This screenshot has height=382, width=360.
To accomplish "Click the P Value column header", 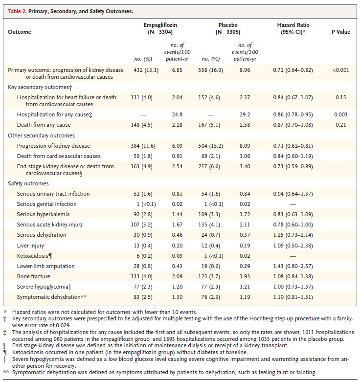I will coord(340,32).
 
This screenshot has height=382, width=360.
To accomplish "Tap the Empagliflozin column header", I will coord(157,28).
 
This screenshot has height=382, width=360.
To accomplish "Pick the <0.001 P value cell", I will coord(340,70).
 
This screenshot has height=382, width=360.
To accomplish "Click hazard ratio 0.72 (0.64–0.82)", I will coord(293,70).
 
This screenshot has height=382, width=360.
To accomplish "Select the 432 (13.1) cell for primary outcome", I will coord(146,70).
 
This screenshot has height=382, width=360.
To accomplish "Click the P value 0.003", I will coord(340,114).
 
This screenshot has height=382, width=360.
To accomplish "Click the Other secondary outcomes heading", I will coord(42,135).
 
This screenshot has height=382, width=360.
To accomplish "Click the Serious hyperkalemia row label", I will coord(44,214).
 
